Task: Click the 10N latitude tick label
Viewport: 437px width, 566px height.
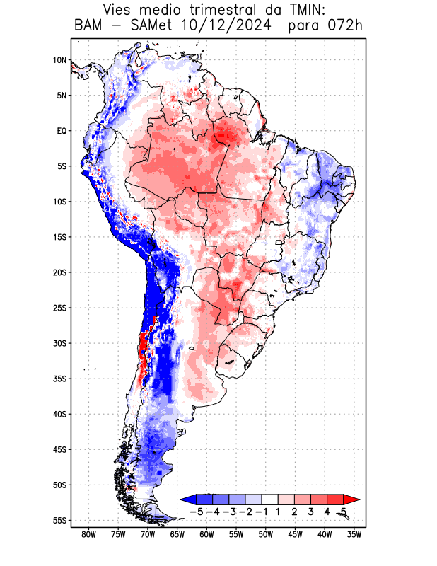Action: [x=59, y=60]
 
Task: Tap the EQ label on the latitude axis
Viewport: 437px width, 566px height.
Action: [x=62, y=131]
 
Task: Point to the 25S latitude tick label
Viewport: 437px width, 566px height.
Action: [x=59, y=308]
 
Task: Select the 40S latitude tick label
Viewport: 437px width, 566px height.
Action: [x=59, y=414]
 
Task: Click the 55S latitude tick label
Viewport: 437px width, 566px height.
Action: [x=59, y=520]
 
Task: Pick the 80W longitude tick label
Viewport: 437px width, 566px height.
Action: [x=88, y=535]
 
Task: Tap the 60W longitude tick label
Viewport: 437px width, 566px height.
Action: [x=206, y=535]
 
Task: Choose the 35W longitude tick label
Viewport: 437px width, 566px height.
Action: [x=354, y=535]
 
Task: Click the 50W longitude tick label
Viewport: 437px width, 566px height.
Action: [x=266, y=535]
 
